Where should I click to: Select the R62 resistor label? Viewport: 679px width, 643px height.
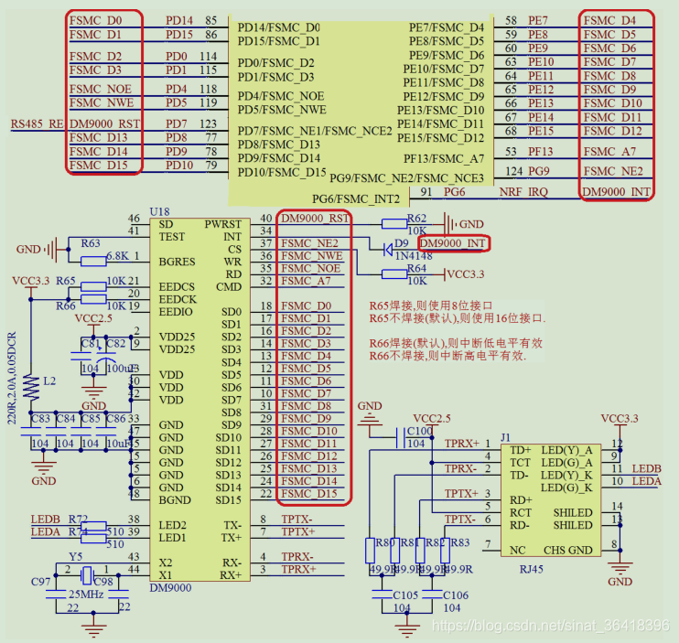coord(416,219)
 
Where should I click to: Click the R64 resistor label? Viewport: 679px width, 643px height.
coord(416,269)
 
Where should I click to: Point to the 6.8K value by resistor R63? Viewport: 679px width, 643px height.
coord(117,256)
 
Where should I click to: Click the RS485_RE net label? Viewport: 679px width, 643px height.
coord(37,123)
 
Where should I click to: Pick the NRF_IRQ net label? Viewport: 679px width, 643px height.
coord(523,192)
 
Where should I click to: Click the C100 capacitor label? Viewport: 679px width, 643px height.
coord(419,430)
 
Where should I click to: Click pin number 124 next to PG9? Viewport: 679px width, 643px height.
coord(513,171)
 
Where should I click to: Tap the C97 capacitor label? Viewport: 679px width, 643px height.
coord(41,583)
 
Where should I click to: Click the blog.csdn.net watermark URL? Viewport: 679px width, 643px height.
coord(549,625)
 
